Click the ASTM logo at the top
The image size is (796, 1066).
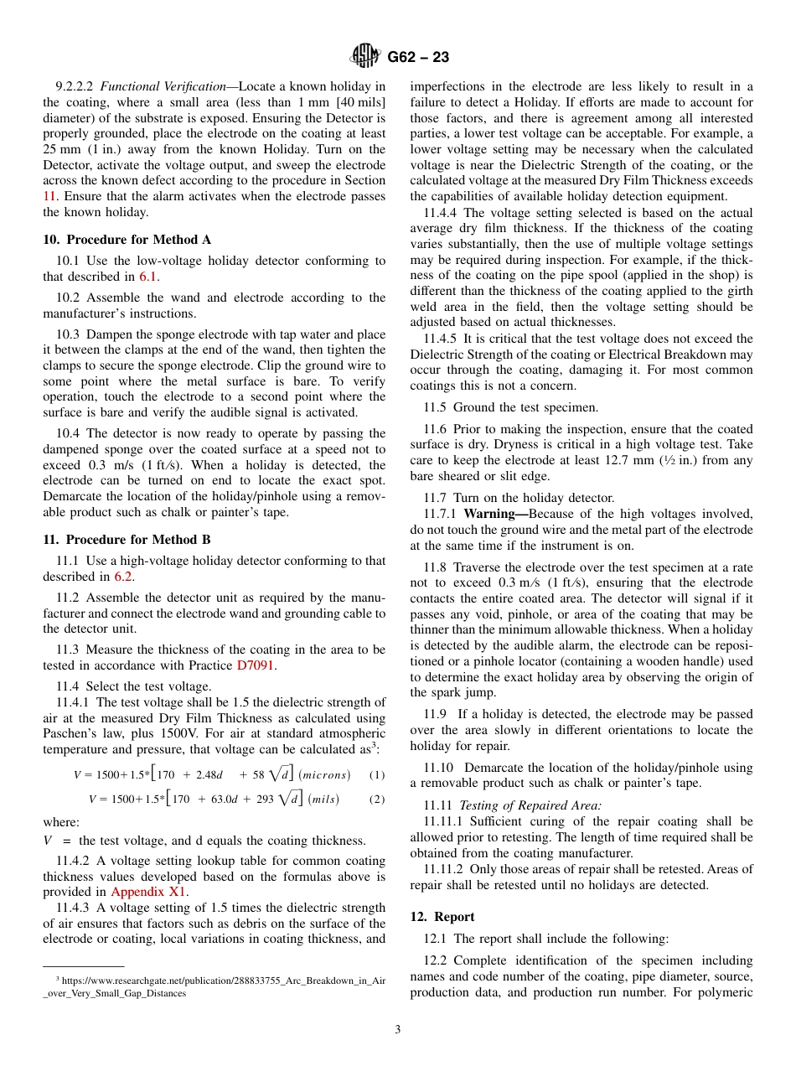tap(365, 56)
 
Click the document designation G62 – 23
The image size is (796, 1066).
tap(418, 57)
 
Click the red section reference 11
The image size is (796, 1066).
tap(49, 196)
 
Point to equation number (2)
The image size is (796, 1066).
tap(377, 799)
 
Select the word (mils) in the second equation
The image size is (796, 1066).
tap(323, 799)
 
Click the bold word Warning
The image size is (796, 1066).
tap(496, 514)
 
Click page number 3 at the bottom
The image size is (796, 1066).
tap(398, 1029)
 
